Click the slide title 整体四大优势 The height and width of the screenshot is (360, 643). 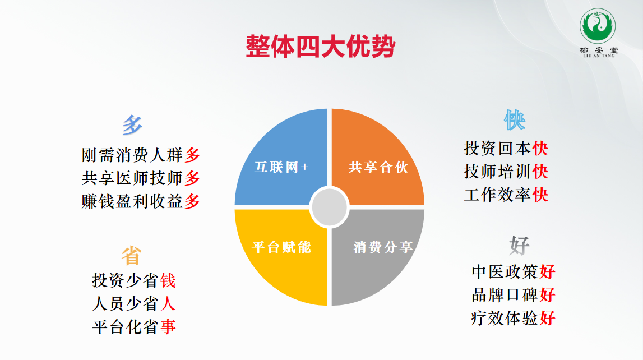click(320, 47)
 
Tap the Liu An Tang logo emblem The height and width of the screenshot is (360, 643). click(598, 26)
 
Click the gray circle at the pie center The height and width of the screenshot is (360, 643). click(329, 207)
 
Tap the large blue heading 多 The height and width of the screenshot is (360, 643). click(132, 124)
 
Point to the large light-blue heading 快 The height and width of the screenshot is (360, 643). click(515, 120)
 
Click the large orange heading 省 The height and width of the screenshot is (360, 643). click(131, 255)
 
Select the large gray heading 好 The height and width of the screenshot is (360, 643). click(520, 245)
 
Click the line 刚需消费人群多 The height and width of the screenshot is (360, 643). click(141, 155)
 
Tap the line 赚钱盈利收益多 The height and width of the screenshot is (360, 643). click(141, 201)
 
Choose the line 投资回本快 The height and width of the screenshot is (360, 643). click(506, 149)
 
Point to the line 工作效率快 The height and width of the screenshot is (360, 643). click(506, 195)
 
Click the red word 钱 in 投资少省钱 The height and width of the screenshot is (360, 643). click(168, 280)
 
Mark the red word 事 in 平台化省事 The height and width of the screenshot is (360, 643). click(168, 327)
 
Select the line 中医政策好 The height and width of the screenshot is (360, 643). click(514, 271)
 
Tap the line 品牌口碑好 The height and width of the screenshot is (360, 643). click(514, 295)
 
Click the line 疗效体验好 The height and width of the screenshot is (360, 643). click(514, 318)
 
